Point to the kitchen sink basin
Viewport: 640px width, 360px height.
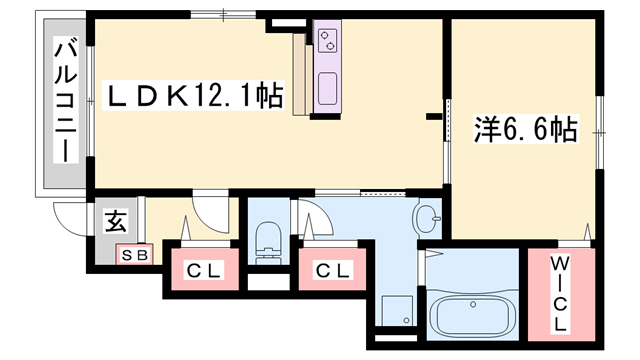(x=328, y=91)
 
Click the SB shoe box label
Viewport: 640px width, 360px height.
(x=134, y=255)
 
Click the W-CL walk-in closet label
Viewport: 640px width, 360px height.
(x=560, y=294)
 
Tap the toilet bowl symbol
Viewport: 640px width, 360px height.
(x=267, y=238)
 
